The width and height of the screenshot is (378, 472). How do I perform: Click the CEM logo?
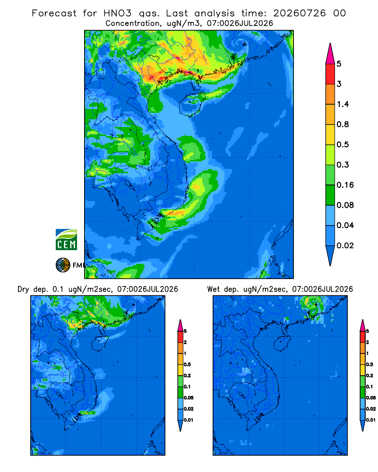coord(66,239)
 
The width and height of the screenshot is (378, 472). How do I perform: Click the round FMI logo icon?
coord(63,265)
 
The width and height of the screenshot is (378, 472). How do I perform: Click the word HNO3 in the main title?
coord(118,13)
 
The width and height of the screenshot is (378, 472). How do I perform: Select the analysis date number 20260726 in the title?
coord(300,13)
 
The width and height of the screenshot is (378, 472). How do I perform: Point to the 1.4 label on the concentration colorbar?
coord(343,104)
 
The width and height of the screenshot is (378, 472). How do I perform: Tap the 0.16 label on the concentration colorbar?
coord(345,185)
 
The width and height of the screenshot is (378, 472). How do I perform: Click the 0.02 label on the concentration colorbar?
coord(345,245)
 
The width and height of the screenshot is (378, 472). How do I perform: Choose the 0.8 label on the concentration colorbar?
coord(343,124)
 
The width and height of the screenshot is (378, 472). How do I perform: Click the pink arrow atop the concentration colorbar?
coord(330,54)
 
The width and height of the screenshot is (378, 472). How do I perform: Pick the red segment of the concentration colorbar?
coord(330,74)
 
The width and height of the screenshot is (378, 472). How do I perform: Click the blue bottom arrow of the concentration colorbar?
coord(330,255)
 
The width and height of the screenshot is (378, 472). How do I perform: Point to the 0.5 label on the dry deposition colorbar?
coord(188,364)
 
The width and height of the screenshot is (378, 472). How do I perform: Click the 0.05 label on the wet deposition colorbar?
coord(371,397)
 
